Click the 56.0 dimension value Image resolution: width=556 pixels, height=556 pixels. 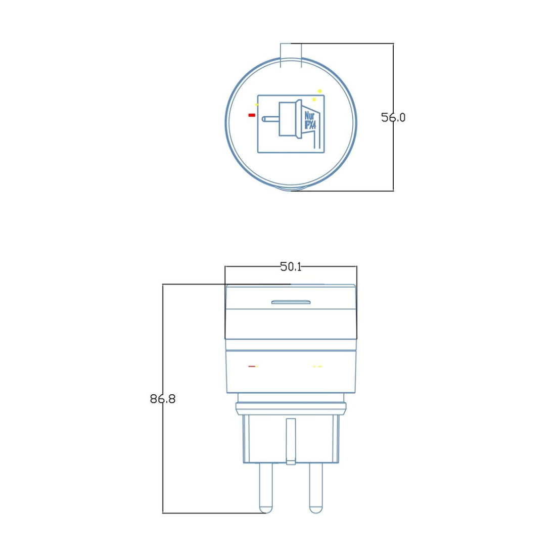point(393,117)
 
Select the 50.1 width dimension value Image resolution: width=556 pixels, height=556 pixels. point(291,267)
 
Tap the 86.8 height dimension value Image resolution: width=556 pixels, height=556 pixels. point(163,399)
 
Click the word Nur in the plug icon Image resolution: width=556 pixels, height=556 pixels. point(309,116)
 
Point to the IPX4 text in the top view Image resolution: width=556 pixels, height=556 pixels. point(310,125)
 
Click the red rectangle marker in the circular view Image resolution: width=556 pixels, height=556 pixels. point(252,115)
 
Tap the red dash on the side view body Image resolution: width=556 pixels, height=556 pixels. point(252,366)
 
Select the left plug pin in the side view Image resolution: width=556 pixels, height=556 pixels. point(266,488)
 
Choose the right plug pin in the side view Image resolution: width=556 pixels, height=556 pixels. point(316,488)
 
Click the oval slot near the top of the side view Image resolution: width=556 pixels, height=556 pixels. point(291,302)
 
